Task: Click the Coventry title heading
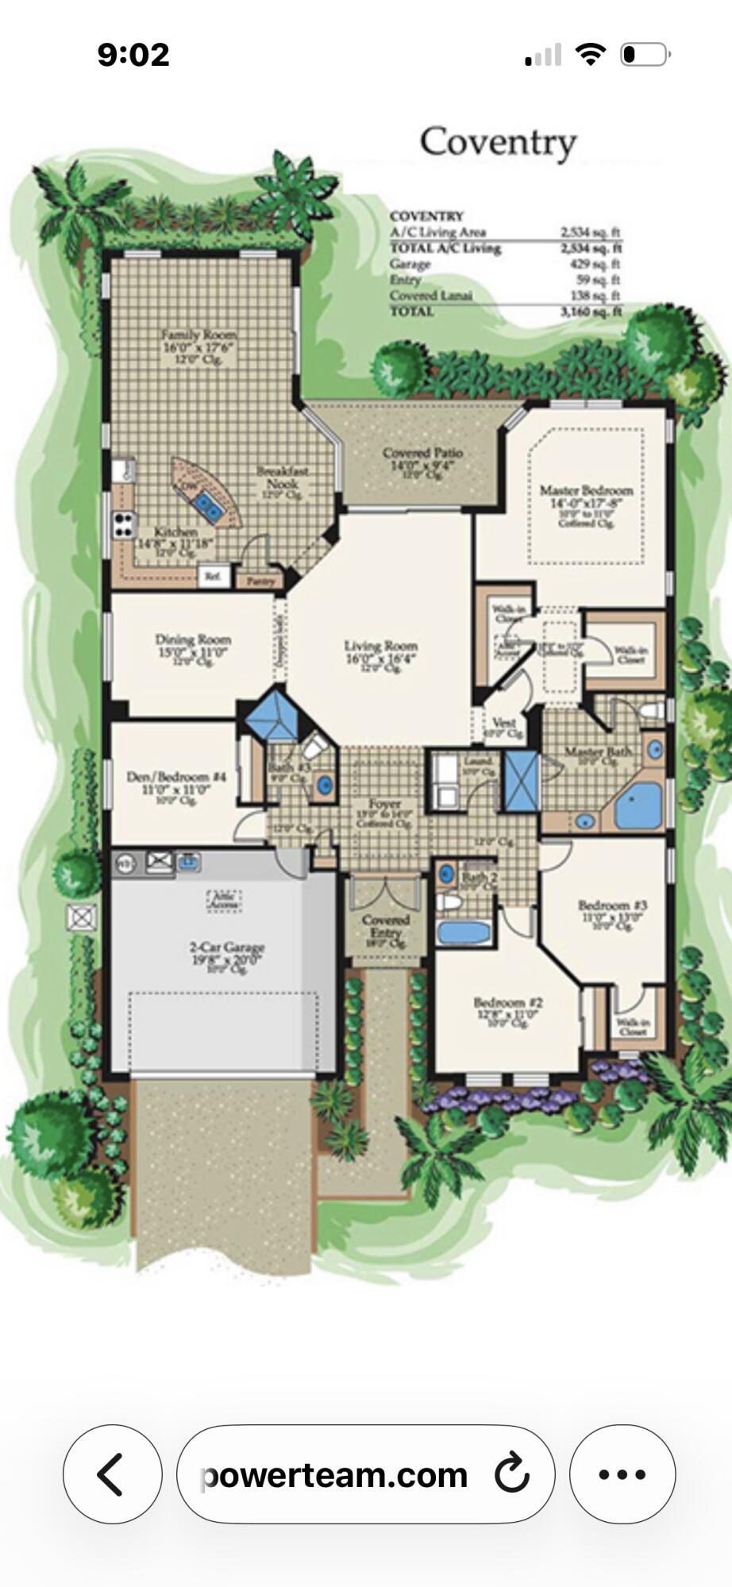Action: coord(498,143)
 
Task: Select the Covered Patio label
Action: coord(422,454)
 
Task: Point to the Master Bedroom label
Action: coord(586,491)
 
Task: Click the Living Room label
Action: coord(380,647)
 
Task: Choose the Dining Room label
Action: coord(193,640)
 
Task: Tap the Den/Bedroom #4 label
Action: coord(176,777)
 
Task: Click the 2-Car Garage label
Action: coord(226,947)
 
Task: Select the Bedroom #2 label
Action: coord(507,1003)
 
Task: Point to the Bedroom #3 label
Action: coord(612,905)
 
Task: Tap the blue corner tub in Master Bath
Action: coord(638,807)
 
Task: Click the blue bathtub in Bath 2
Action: coord(464,932)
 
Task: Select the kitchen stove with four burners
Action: coord(123,524)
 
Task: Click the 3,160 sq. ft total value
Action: coord(591,312)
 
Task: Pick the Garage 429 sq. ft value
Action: coord(596,264)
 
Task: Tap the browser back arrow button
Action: coord(112,1474)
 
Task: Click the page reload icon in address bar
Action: coord(511,1474)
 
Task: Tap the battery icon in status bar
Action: coord(645,55)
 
